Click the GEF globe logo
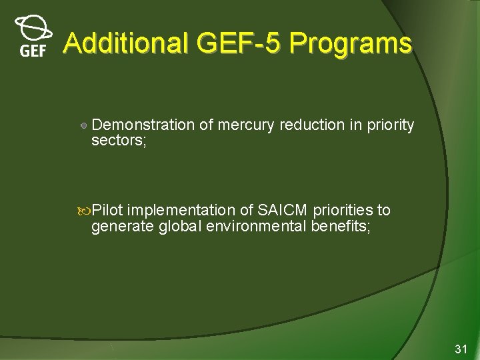click(32, 37)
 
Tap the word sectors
click(117, 140)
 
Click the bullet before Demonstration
click(83, 125)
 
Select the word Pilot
click(108, 211)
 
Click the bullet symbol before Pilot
click(85, 211)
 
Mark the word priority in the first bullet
click(391, 125)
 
